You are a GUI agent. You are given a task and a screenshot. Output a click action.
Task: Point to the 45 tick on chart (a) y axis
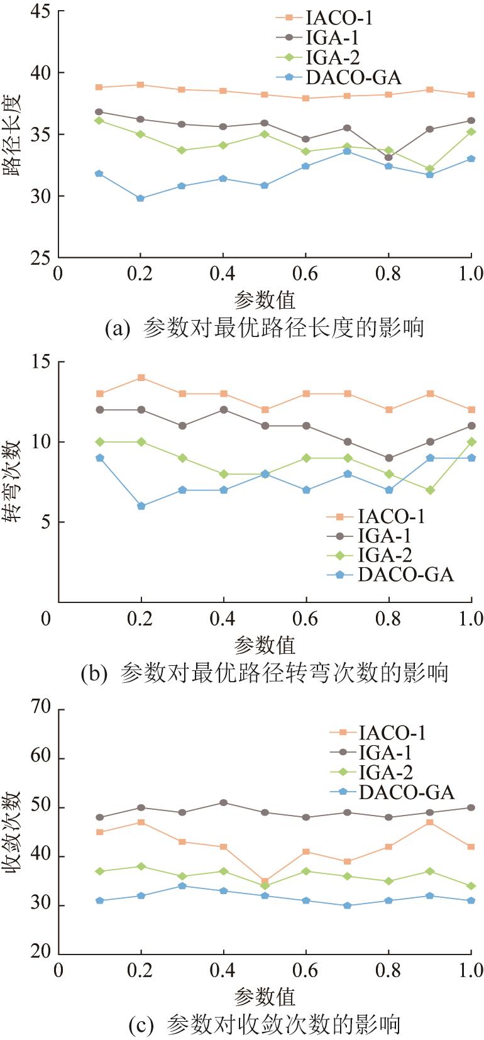[x=40, y=12]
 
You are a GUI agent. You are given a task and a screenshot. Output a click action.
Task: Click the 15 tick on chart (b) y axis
[x=40, y=363]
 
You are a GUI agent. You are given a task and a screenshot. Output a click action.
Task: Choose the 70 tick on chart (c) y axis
[x=40, y=710]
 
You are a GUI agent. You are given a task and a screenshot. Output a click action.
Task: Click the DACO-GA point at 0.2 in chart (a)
[x=141, y=198]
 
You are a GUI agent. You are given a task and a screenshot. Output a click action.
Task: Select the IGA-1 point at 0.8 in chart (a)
[x=388, y=158]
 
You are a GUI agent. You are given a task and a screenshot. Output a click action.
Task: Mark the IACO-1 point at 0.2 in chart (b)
[x=141, y=378]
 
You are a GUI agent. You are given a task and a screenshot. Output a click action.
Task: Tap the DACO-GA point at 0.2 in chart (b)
[x=141, y=506]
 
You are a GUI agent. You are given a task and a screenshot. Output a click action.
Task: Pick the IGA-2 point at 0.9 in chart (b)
[x=430, y=490]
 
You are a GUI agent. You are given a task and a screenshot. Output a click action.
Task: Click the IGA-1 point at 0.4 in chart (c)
[x=223, y=803]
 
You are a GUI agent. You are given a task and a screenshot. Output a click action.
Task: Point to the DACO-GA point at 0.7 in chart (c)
[x=347, y=905]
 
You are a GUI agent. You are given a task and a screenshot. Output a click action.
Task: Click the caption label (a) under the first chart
[x=117, y=329]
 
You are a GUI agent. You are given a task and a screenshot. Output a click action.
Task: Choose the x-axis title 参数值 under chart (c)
[x=265, y=997]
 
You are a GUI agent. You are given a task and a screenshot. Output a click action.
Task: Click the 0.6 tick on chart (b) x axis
[x=305, y=619]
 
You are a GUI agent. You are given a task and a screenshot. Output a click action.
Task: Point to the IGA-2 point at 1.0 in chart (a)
[x=471, y=132]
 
